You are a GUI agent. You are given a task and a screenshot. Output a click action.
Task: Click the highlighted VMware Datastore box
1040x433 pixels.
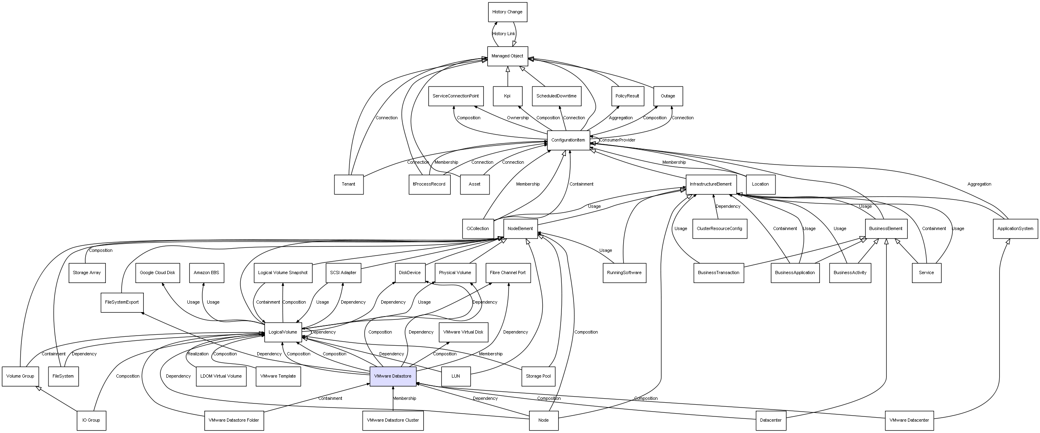pos(393,376)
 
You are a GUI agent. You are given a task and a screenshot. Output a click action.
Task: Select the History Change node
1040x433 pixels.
pos(507,12)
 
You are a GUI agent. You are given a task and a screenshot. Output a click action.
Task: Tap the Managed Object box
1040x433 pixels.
pos(507,56)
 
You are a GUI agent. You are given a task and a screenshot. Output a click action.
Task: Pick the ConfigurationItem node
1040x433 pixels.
pos(568,140)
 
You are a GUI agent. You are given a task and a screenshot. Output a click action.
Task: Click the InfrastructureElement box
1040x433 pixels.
pos(710,184)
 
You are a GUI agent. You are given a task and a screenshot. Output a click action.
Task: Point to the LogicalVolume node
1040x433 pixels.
pos(283,332)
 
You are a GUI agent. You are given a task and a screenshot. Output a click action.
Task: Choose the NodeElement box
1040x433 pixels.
pos(520,229)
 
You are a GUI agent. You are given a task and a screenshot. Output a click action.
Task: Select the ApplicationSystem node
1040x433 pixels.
pos(1015,229)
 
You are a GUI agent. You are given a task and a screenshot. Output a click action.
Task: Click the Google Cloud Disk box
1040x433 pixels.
pos(158,273)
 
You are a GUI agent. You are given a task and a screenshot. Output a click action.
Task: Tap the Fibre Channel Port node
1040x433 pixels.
pos(508,273)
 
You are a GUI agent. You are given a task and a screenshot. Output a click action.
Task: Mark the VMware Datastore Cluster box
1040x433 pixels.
pos(393,420)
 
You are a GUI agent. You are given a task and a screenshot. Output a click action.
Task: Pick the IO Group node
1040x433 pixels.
pos(91,420)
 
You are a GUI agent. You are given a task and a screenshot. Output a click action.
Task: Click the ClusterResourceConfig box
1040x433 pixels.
pos(719,229)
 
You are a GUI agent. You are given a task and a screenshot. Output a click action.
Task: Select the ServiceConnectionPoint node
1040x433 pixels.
pos(456,96)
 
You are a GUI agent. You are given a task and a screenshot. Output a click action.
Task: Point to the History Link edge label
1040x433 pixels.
pos(504,34)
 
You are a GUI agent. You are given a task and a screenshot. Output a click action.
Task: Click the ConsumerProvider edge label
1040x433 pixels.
pos(617,140)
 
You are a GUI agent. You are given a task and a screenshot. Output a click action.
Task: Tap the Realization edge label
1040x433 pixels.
pos(198,354)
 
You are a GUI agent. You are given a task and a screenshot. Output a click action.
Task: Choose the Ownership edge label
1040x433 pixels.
pos(518,118)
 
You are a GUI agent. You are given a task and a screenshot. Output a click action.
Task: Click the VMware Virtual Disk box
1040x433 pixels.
pos(463,332)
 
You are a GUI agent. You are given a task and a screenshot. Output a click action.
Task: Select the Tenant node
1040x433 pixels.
pos(349,184)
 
